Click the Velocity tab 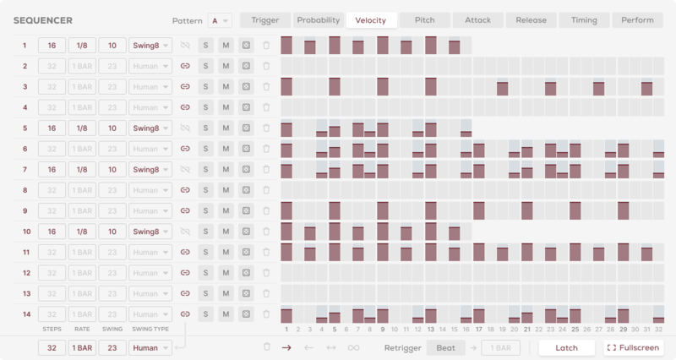coord(371,20)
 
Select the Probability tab coord(318,20)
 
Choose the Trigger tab coord(265,20)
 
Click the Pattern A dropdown coord(220,20)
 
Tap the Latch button coord(566,347)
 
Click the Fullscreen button coord(635,347)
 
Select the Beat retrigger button coord(444,347)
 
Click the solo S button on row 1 coord(206,46)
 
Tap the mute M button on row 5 coord(226,128)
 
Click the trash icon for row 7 coord(266,170)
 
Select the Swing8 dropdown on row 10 coord(150,232)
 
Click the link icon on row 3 coord(186,87)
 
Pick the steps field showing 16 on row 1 coord(52,46)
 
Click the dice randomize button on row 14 coord(246,314)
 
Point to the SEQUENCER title coord(43,20)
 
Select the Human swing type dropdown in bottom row coord(150,347)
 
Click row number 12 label coord(25,273)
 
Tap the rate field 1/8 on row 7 coord(82,170)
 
